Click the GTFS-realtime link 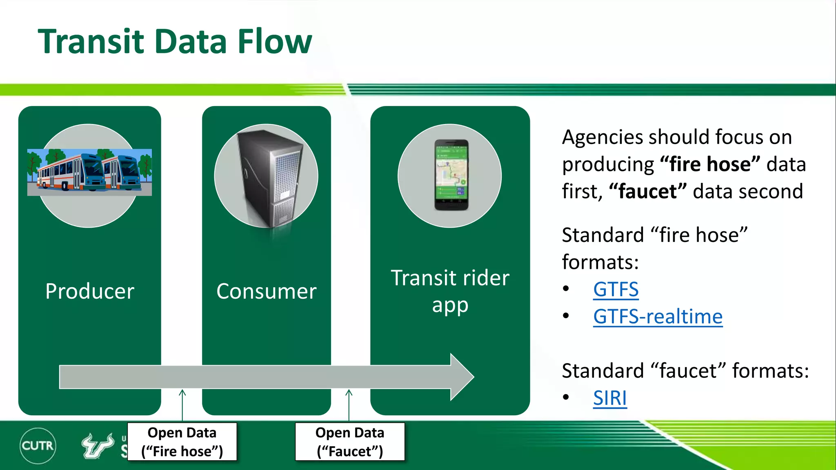point(658,317)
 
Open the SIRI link point(609,398)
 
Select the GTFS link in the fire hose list point(616,290)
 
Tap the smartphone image point(451,175)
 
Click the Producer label point(90,291)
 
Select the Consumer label point(266,291)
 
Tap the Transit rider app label point(450,291)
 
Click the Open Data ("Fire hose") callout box point(182,442)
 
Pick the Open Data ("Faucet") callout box point(350,442)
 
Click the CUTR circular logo point(38,446)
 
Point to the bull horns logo point(98,445)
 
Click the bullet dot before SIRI point(566,397)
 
